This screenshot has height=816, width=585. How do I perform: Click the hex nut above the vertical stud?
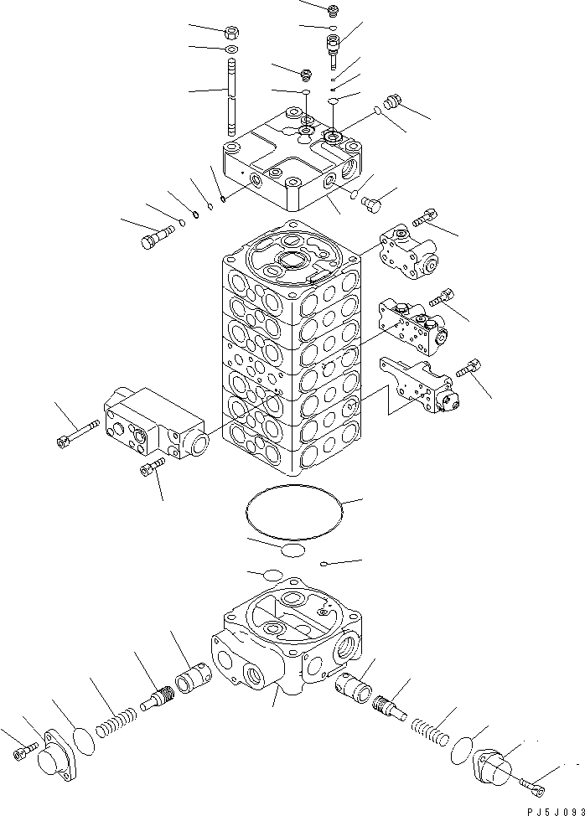(x=231, y=34)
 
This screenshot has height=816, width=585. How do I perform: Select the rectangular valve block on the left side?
(x=154, y=424)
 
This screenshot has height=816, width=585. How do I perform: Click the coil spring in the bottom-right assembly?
(x=435, y=726)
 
